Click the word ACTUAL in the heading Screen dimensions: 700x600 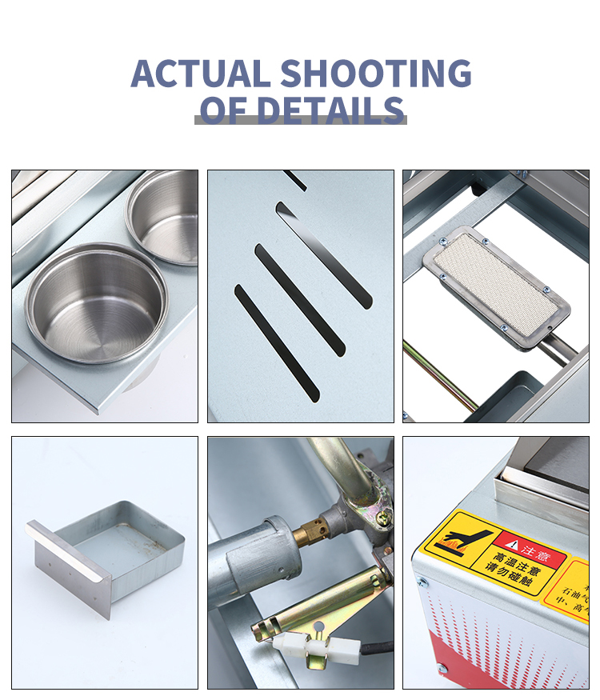point(200,74)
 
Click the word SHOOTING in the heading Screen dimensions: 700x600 point(375,74)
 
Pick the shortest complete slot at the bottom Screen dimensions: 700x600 point(276,342)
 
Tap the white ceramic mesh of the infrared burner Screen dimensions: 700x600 point(497,280)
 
